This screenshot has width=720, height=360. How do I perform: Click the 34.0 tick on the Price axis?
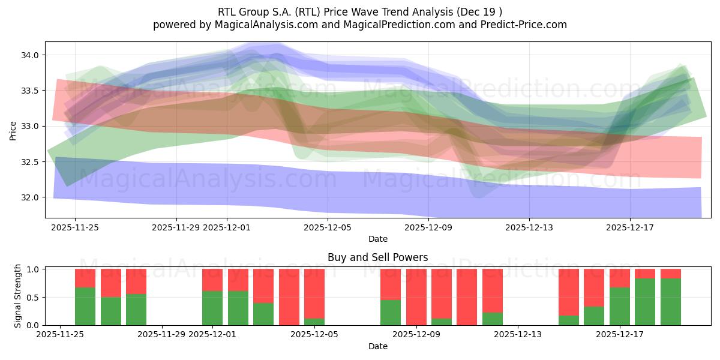click(x=30, y=55)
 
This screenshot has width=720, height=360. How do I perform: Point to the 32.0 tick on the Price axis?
click(x=30, y=197)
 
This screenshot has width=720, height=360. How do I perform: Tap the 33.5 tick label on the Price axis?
click(x=30, y=91)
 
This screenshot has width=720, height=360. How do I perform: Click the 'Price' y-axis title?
click(x=13, y=130)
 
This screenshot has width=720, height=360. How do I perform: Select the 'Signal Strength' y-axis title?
click(x=18, y=296)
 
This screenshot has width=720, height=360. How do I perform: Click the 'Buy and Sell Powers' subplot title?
click(x=377, y=257)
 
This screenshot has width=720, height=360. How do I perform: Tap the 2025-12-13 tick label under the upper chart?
click(x=529, y=227)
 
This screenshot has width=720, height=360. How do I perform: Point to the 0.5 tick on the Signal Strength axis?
click(x=32, y=298)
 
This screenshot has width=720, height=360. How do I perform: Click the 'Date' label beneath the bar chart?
click(x=377, y=346)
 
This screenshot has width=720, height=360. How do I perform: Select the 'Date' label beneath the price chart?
click(x=377, y=239)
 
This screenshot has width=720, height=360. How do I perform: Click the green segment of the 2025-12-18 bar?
click(x=645, y=302)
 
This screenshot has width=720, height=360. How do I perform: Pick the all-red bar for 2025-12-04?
click(x=289, y=297)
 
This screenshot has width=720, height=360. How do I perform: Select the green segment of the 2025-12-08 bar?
click(x=391, y=313)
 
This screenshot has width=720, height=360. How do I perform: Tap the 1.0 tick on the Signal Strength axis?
click(x=32, y=269)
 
